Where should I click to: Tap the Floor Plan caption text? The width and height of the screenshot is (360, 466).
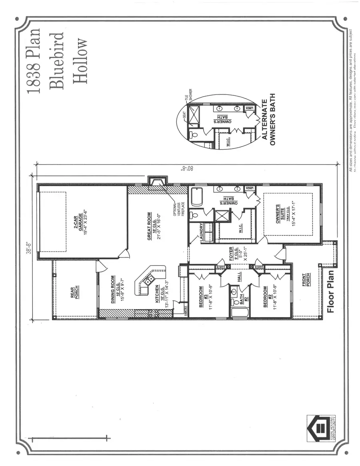(x=331, y=291)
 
